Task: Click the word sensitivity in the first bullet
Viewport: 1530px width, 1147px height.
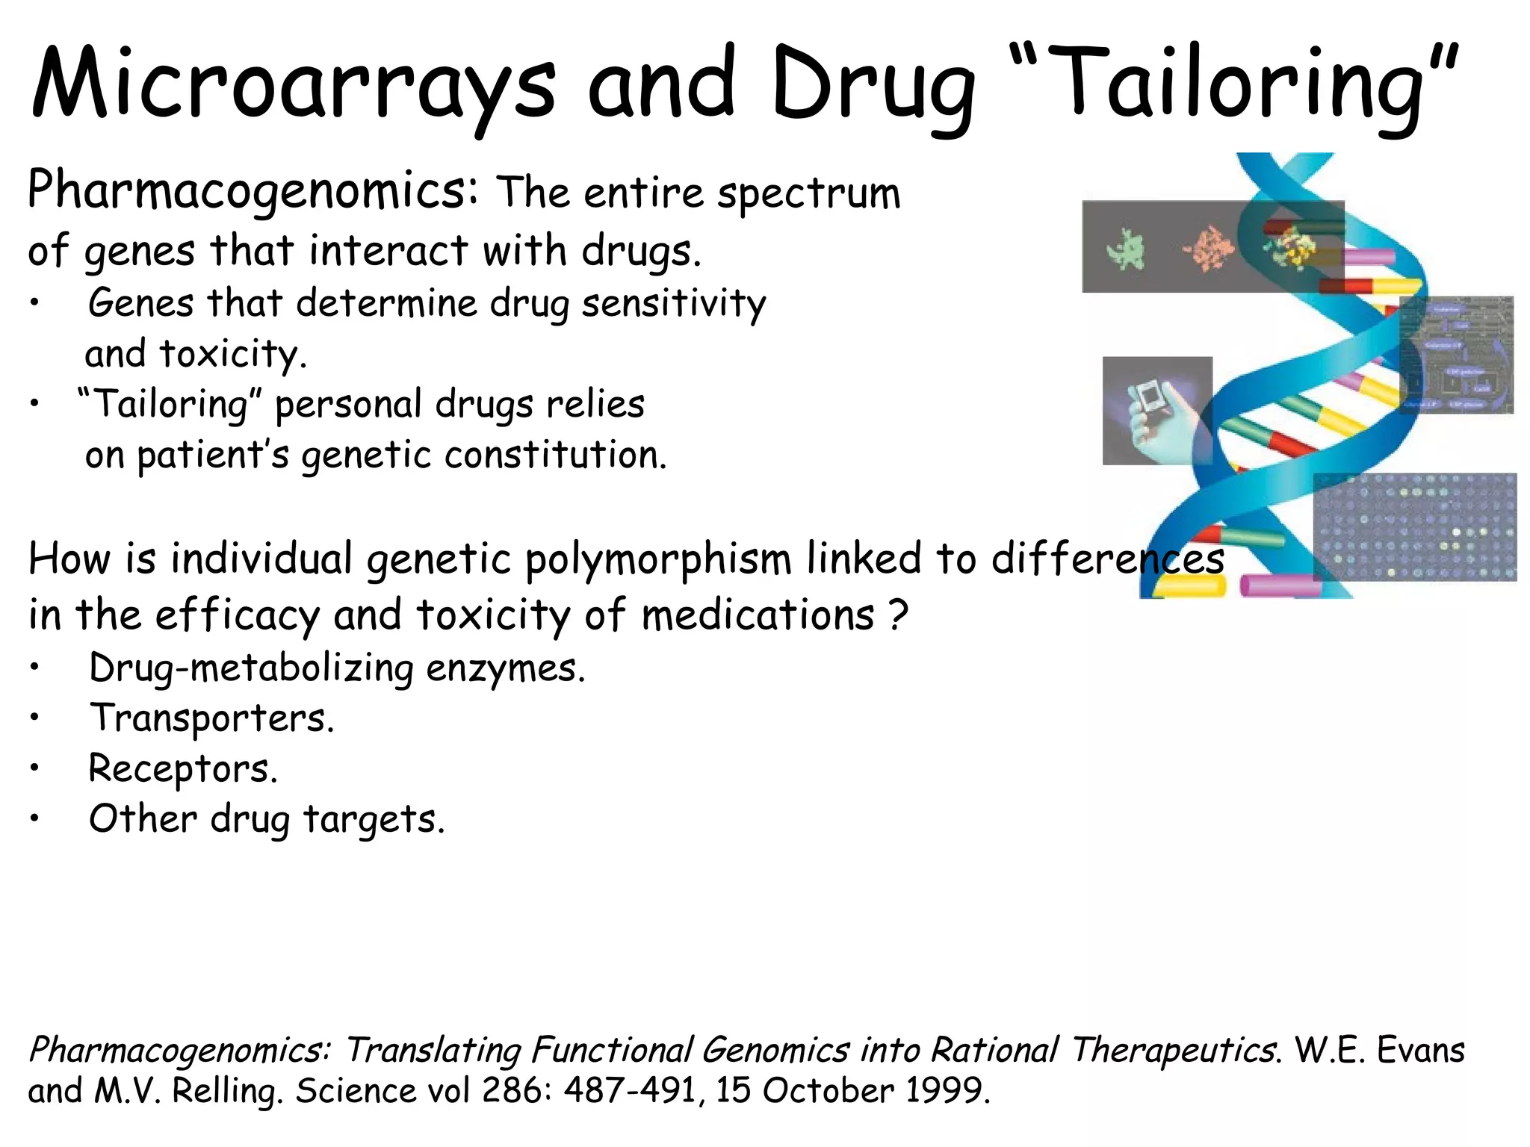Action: click(674, 304)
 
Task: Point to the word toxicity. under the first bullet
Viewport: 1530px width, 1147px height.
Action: click(233, 354)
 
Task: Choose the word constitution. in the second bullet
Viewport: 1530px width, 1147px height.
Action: click(555, 455)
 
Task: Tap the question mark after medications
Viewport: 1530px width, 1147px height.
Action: click(899, 615)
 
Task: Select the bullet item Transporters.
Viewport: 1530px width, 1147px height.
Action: click(211, 718)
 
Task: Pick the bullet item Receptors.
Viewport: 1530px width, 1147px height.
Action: click(183, 768)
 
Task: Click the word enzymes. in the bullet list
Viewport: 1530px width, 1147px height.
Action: click(505, 668)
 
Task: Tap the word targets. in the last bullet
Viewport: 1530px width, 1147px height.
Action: click(374, 819)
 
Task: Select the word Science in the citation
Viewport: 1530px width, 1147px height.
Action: click(354, 1091)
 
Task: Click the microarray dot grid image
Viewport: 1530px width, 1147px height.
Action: click(1415, 527)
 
